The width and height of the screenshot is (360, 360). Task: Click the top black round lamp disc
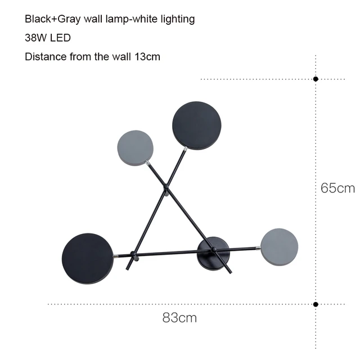point(197,126)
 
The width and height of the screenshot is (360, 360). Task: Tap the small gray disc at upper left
point(134,147)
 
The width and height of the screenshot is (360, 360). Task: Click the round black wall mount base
point(213,253)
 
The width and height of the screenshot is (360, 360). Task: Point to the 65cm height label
point(337,188)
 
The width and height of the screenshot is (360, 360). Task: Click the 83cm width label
point(179,318)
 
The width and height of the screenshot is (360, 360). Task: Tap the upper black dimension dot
point(316,79)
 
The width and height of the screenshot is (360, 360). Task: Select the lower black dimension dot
point(316,304)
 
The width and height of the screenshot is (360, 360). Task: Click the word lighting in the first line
point(177,19)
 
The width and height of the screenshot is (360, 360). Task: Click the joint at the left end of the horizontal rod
point(132,255)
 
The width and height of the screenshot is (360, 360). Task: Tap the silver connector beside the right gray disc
point(258,247)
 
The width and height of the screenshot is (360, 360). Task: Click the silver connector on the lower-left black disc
point(115,256)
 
